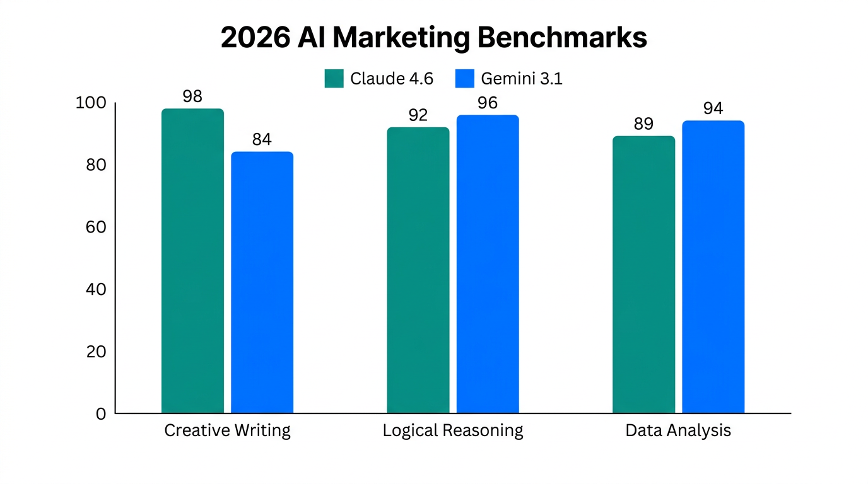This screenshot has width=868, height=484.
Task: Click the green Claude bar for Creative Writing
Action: (x=192, y=261)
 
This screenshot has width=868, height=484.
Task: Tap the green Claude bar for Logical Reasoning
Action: (x=418, y=270)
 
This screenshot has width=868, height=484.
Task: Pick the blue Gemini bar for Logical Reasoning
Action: (x=488, y=264)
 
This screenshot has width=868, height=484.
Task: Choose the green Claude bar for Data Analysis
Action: (x=643, y=275)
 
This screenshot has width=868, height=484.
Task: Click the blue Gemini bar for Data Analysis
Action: (x=713, y=267)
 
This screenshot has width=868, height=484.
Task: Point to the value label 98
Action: (x=192, y=96)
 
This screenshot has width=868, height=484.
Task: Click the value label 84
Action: (x=262, y=139)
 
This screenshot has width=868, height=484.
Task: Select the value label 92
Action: (x=418, y=115)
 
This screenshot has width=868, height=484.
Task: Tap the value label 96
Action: (x=488, y=103)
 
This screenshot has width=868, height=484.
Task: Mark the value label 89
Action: (x=643, y=124)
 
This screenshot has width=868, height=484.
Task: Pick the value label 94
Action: (x=713, y=109)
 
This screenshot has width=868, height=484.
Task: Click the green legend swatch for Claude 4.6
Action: (x=334, y=79)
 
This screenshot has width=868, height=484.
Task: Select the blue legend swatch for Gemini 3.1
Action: (x=464, y=79)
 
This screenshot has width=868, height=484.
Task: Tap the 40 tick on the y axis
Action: (x=96, y=289)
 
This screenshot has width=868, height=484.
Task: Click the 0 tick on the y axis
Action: (x=101, y=414)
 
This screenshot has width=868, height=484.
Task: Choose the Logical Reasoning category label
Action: (x=453, y=430)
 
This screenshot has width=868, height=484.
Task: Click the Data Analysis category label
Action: (x=678, y=430)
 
